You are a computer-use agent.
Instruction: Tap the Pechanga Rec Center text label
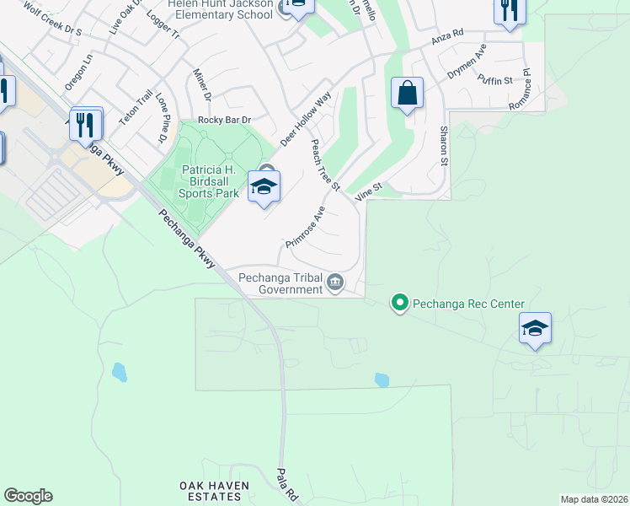point(468,304)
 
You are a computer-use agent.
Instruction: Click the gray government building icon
point(335,281)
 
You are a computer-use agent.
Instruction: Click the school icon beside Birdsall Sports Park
point(264,187)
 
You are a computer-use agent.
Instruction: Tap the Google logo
point(28,496)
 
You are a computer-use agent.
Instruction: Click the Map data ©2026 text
point(594,499)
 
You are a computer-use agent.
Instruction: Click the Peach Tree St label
point(324,165)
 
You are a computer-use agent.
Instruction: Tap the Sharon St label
point(443,146)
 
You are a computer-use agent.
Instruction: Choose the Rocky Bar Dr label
point(225,121)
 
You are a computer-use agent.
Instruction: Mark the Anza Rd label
point(447,37)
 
